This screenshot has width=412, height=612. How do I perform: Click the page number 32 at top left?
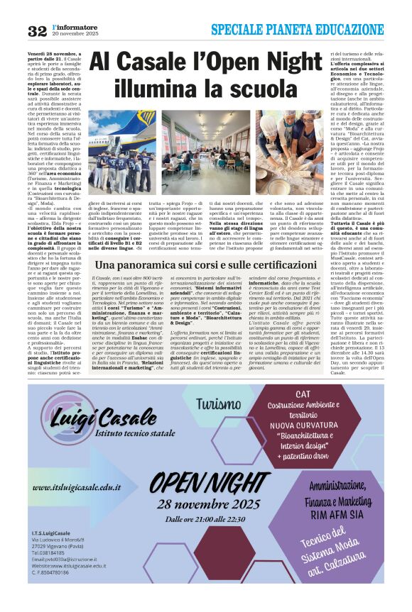(36, 30)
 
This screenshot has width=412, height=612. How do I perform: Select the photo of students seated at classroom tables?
(195, 151)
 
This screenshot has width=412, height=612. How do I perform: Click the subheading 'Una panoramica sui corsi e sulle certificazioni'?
(205, 264)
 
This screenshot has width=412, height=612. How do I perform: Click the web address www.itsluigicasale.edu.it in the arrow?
(77, 488)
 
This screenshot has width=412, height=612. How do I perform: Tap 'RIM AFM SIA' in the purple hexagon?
(346, 516)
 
